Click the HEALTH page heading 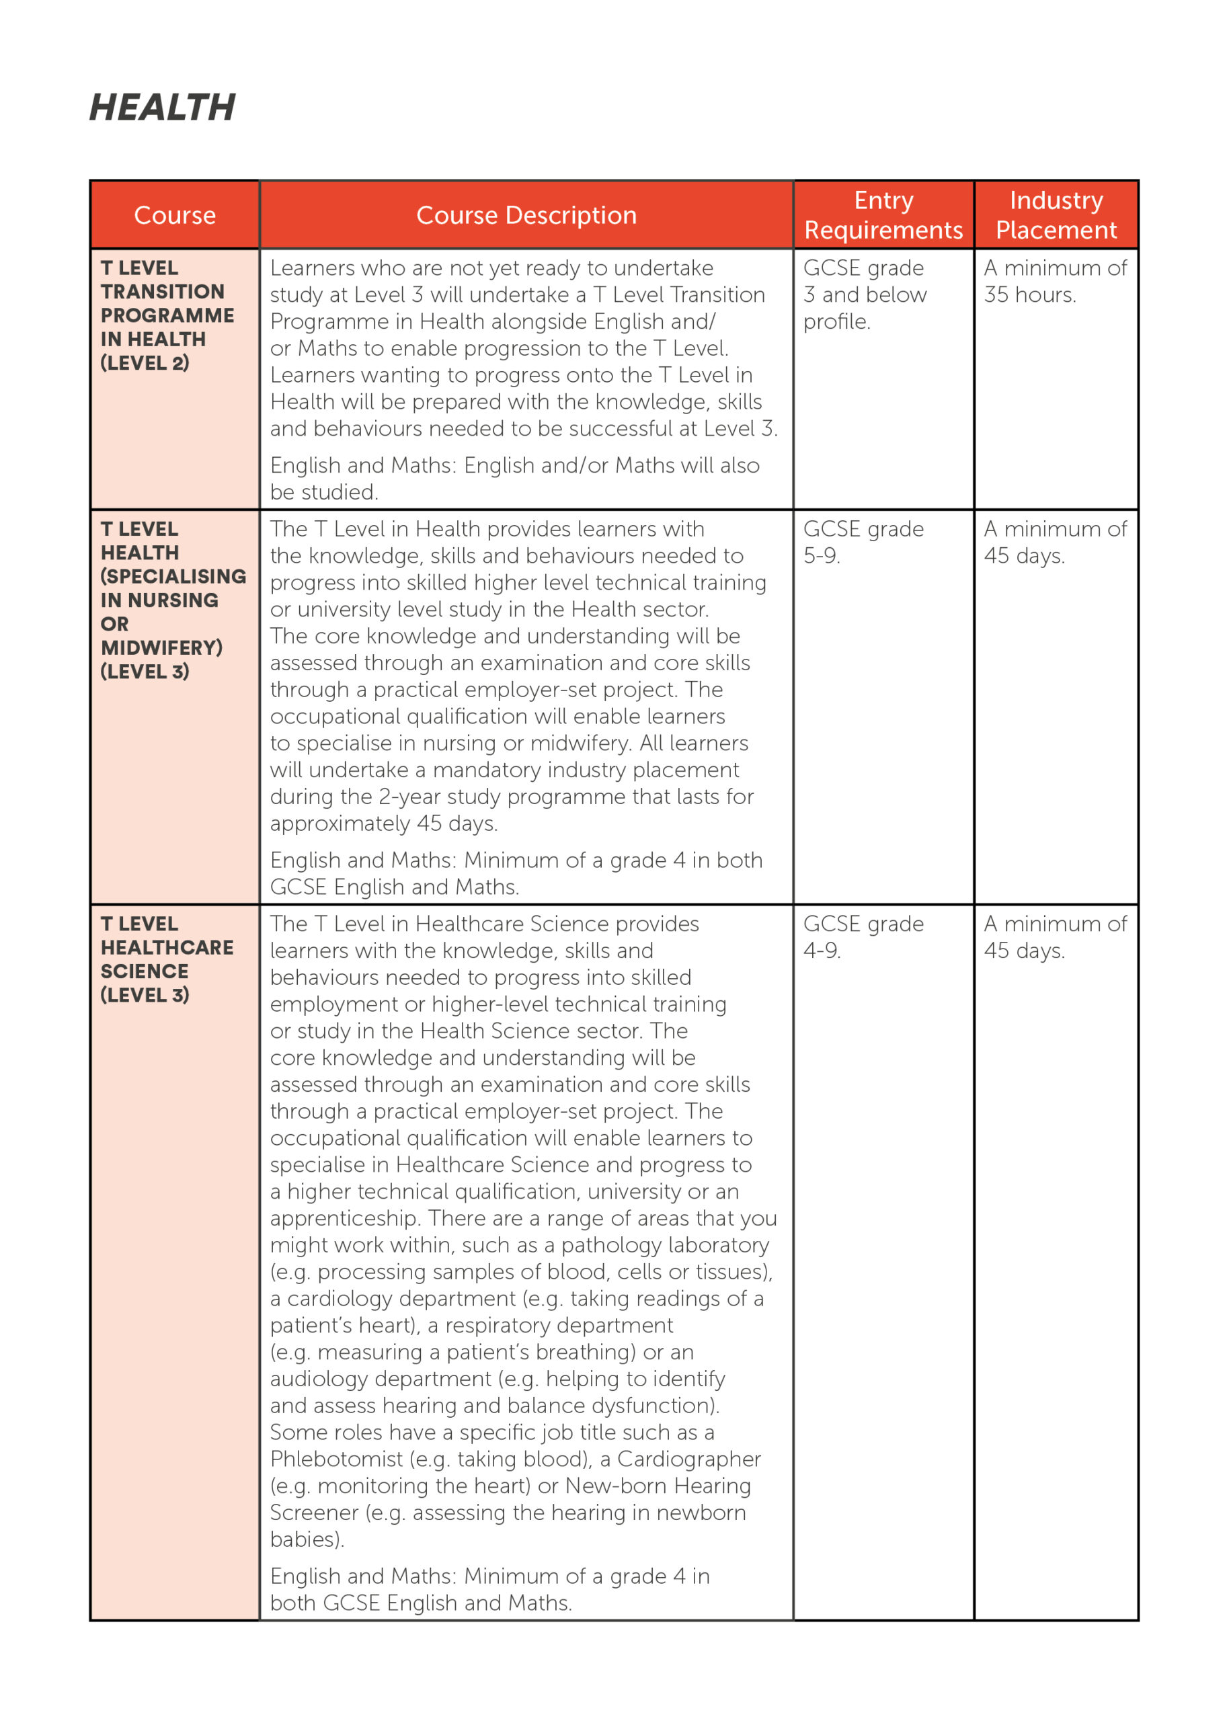pos(162,108)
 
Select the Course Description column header pos(526,216)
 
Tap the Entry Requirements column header pos(883,215)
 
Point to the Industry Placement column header pos(1056,215)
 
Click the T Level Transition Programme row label pos(167,315)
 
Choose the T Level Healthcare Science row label pos(167,959)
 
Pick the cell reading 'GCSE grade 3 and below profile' pos(864,295)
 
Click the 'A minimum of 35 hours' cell pos(1055,282)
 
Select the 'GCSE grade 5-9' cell pos(863,543)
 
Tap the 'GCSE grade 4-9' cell pos(863,937)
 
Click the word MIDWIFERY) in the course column pos(161,648)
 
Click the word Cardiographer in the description pos(688,1459)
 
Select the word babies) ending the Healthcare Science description pos(307,1539)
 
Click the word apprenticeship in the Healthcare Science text pos(345,1219)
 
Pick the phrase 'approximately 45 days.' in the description pos(384,824)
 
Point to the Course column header pos(175,216)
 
